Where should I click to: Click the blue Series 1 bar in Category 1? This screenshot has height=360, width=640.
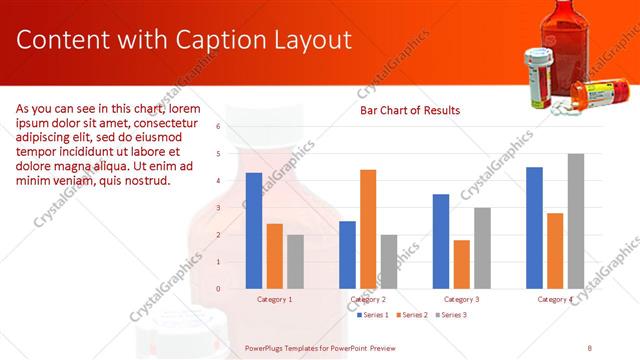[x=254, y=231]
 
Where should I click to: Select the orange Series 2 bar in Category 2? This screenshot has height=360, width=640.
[x=368, y=229]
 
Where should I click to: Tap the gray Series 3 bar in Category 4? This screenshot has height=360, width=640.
[x=576, y=221]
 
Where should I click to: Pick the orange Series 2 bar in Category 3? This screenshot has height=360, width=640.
[x=461, y=264]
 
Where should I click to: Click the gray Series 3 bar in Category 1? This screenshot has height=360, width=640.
[x=295, y=262]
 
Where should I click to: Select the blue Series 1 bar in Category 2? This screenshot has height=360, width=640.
[x=347, y=255]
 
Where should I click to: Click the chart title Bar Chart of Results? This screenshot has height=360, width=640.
[x=409, y=110]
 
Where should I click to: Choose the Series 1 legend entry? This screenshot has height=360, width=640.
[x=376, y=315]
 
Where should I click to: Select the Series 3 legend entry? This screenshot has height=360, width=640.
[x=453, y=315]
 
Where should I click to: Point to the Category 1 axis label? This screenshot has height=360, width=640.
[x=275, y=299]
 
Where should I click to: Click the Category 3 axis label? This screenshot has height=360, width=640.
[x=461, y=299]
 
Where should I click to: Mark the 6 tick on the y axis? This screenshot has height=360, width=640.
[x=218, y=127]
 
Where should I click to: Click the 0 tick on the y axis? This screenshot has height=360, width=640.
[x=218, y=289]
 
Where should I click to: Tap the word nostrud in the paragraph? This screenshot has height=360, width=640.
[x=147, y=181]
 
